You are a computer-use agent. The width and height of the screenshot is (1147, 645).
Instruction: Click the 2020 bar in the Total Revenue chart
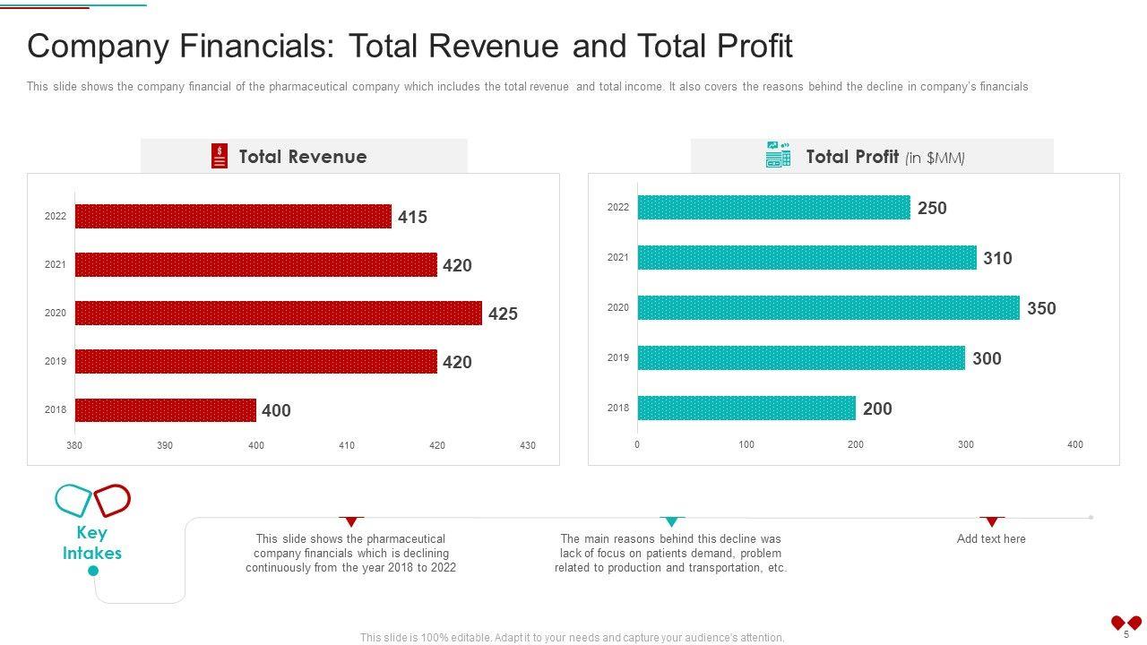(278, 313)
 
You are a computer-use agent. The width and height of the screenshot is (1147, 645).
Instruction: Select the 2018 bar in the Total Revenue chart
(166, 410)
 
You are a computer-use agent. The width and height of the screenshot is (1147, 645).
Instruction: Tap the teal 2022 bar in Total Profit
(773, 208)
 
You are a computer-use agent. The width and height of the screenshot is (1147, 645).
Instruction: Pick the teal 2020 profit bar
(828, 308)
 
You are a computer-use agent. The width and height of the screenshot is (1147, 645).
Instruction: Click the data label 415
(412, 217)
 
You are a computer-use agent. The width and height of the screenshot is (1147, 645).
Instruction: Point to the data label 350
(1041, 308)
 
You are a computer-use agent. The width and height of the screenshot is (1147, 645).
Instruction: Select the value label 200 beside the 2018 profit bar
(877, 408)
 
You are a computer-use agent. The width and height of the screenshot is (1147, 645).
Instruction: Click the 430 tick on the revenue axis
(528, 445)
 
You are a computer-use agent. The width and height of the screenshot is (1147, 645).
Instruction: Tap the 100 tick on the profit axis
(746, 444)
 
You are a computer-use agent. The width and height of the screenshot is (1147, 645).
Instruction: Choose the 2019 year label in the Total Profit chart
(618, 358)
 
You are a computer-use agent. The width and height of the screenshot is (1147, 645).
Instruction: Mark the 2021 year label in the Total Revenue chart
(56, 264)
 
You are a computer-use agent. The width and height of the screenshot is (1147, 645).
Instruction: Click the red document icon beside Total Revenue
(220, 156)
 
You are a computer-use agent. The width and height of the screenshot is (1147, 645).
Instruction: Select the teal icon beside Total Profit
(778, 154)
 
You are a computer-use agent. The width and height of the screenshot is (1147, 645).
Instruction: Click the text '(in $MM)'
(935, 159)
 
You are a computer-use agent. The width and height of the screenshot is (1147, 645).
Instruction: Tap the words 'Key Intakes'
(92, 543)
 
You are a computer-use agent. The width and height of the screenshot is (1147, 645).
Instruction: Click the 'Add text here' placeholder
(991, 538)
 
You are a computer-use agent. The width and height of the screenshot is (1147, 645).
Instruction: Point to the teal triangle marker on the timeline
(671, 521)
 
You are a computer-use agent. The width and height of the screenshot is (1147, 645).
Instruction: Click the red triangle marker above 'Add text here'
(991, 521)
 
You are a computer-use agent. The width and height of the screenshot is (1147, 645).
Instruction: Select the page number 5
(1126, 634)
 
